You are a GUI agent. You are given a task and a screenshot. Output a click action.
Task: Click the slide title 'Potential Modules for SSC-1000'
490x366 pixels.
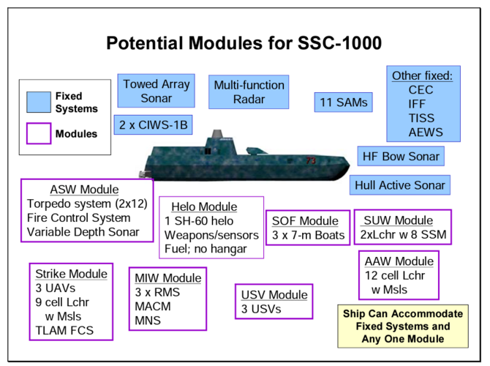(x=244, y=42)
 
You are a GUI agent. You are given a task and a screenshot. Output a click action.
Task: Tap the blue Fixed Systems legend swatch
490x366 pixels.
(x=38, y=102)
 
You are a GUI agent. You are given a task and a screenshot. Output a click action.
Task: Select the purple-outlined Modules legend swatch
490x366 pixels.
(x=38, y=133)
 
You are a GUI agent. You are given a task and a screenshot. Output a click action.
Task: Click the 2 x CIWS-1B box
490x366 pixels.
(x=153, y=125)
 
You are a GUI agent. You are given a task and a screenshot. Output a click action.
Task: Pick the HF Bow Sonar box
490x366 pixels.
(x=401, y=156)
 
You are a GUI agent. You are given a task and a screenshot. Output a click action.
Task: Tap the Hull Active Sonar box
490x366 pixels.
(x=399, y=185)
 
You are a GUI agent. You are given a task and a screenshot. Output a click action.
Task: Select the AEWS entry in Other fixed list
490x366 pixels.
(x=425, y=132)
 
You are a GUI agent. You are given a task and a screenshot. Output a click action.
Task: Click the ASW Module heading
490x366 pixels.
(x=83, y=190)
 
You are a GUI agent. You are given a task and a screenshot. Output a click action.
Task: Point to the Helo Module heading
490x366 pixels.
(x=204, y=206)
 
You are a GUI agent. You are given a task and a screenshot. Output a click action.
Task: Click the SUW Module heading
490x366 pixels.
(x=402, y=220)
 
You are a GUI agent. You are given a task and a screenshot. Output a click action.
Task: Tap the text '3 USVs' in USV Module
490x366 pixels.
(x=261, y=309)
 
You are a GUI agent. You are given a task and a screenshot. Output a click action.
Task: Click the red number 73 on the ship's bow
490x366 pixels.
(x=311, y=160)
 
